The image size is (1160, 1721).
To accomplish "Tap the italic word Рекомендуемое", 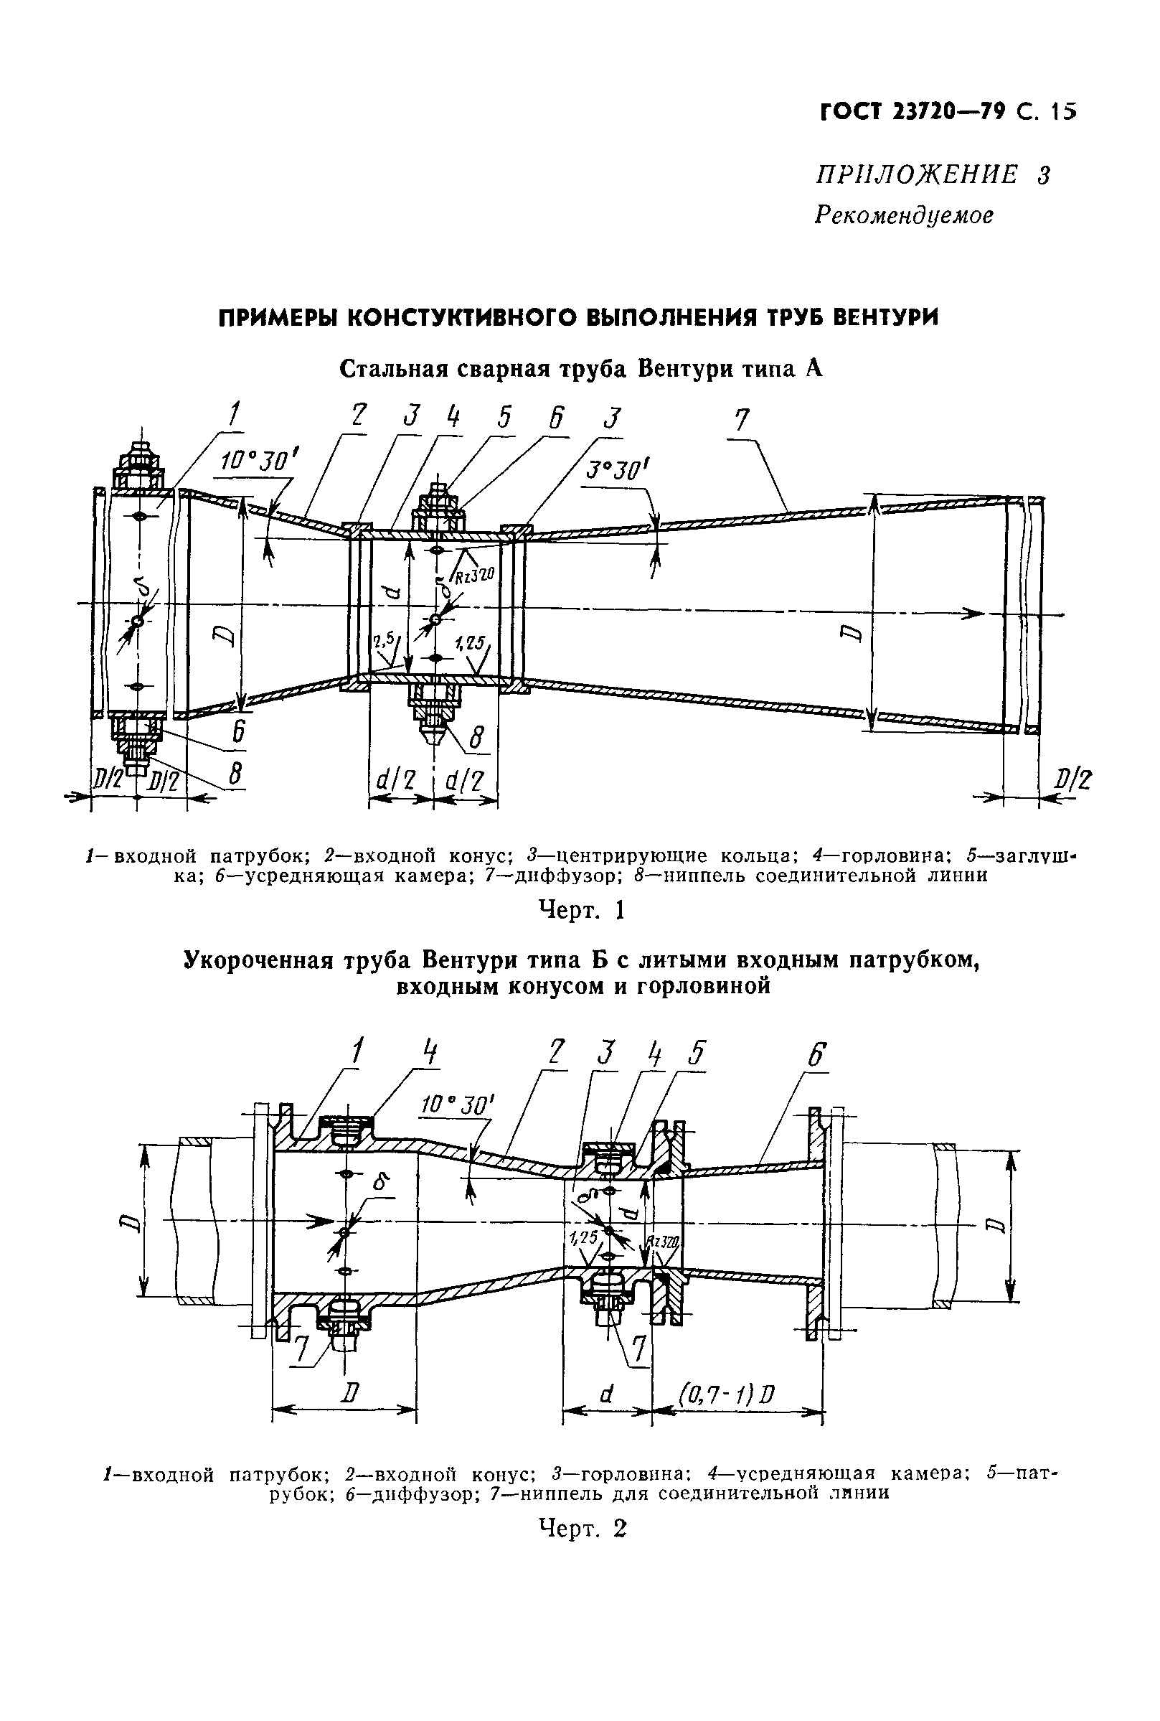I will pos(903,215).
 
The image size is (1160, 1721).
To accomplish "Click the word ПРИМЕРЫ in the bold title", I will pos(277,317).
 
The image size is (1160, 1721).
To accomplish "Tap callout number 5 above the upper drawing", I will pos(504,417).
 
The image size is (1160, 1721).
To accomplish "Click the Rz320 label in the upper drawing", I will pos(473,575).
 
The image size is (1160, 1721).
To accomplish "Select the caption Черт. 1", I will pos(582,910).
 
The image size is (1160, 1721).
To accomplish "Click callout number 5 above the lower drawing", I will pos(695,1053).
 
